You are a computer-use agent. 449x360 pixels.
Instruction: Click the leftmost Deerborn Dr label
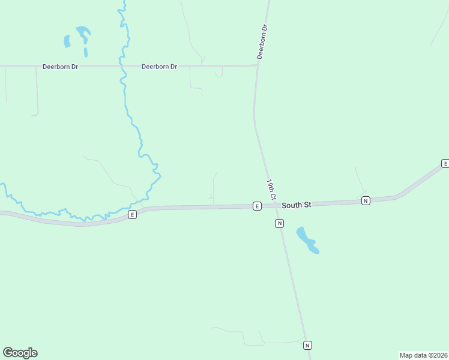tap(60, 67)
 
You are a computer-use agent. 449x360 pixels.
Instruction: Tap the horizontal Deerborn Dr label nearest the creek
tap(159, 67)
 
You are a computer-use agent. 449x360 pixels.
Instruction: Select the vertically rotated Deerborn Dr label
tap(261, 41)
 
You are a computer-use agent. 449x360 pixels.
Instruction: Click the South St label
tap(296, 205)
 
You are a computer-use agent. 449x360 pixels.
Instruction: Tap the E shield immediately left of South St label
tap(257, 206)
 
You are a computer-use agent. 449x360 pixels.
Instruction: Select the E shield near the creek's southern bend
tap(133, 214)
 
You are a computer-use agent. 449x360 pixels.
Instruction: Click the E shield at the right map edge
tap(445, 163)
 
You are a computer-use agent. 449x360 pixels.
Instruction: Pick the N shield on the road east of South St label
tap(366, 200)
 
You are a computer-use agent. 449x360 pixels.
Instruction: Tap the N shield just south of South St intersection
tap(279, 223)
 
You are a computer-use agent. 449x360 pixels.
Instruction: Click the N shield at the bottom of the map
tap(307, 345)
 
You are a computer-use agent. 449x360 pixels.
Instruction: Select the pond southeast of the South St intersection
tap(307, 240)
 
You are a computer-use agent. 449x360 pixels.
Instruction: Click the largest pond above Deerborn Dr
tap(83, 33)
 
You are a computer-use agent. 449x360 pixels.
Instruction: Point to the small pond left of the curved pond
tap(67, 41)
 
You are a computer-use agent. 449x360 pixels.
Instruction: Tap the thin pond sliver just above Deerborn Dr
tap(86, 52)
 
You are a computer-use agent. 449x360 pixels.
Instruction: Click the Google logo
tap(20, 353)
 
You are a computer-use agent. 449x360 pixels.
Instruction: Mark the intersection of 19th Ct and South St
tap(277, 205)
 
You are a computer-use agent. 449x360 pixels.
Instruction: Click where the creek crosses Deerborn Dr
tap(122, 66)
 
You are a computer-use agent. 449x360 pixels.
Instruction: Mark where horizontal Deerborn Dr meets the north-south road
tap(257, 65)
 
